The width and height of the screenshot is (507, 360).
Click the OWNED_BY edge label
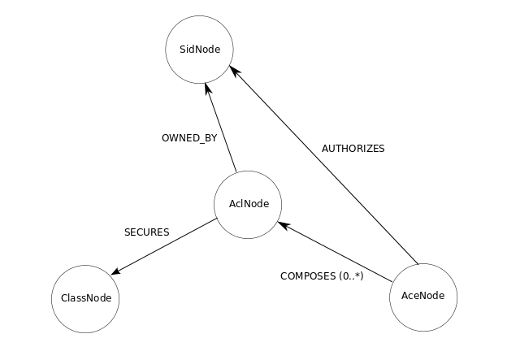pyautogui.click(x=189, y=138)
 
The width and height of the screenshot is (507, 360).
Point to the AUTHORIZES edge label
pyautogui.click(x=353, y=149)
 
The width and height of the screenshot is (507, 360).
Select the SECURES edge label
pyautogui.click(x=146, y=232)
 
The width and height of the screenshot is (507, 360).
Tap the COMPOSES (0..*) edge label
pyautogui.click(x=322, y=275)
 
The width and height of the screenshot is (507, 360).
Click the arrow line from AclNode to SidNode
pyautogui.click(x=222, y=130)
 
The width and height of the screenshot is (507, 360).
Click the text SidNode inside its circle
pyautogui.click(x=199, y=49)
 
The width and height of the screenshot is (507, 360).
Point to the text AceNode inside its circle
pyautogui.click(x=423, y=295)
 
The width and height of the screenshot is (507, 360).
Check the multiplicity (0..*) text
pyautogui.click(x=350, y=275)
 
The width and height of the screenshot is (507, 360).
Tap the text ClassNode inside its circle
pyautogui.click(x=85, y=298)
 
